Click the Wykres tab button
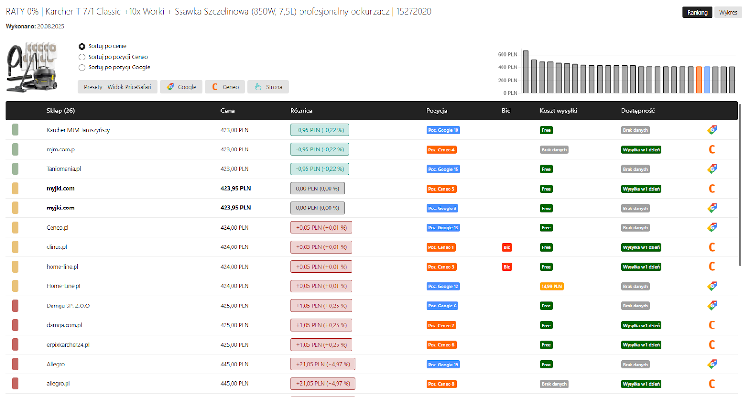coord(728,12)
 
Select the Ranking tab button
coord(697,12)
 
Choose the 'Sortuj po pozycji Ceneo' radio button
coord(82,57)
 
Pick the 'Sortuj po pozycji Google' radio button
coord(82,67)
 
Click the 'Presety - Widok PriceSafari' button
coord(118,87)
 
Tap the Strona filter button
coord(268,87)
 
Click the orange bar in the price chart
coord(699,80)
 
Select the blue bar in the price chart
coord(707,80)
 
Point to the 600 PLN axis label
coord(508,54)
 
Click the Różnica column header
coord(301,111)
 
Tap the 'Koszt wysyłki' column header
coord(558,111)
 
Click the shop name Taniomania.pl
coord(64,169)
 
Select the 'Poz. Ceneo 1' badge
coord(441,247)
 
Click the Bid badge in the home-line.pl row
coord(507,267)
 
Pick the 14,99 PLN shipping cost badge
coord(552,286)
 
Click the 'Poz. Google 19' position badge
coord(443,365)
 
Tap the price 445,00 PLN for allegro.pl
coord(234,384)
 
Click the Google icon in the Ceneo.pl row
coord(712,228)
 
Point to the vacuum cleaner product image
coord(32,67)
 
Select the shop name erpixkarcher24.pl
coord(68,345)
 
